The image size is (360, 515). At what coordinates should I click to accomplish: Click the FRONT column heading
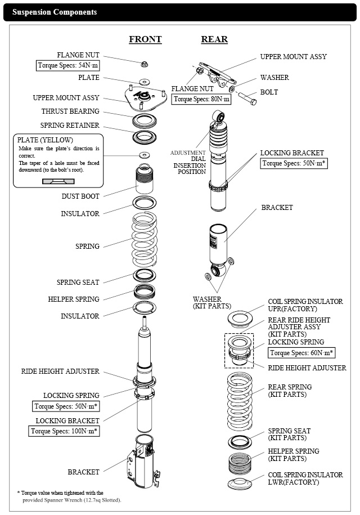(x=145, y=39)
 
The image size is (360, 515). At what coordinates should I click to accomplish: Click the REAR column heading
(x=214, y=39)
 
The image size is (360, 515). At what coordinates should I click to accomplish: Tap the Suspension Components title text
(x=55, y=12)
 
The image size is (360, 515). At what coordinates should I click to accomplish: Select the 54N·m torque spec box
(x=67, y=65)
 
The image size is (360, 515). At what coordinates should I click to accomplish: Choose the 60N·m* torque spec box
(x=301, y=353)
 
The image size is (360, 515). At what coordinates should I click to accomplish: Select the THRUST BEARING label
(x=70, y=111)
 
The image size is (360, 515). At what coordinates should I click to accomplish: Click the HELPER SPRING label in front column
(x=74, y=299)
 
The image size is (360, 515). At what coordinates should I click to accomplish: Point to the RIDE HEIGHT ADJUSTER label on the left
(x=60, y=371)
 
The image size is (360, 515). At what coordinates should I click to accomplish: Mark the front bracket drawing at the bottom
(x=145, y=462)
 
